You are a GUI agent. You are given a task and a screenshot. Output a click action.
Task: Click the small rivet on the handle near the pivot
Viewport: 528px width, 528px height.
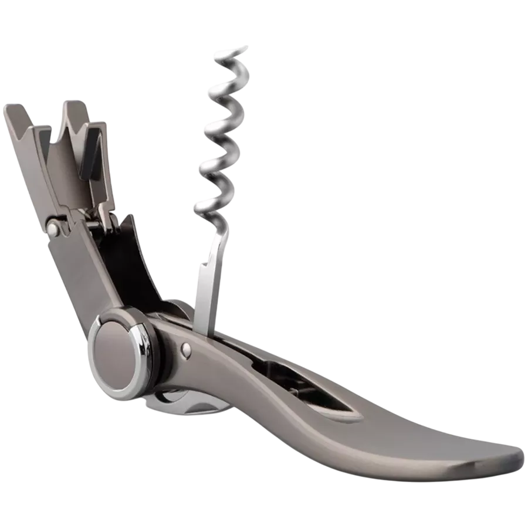point(187,350)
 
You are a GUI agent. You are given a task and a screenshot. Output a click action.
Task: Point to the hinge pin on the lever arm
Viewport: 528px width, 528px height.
point(53,229)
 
